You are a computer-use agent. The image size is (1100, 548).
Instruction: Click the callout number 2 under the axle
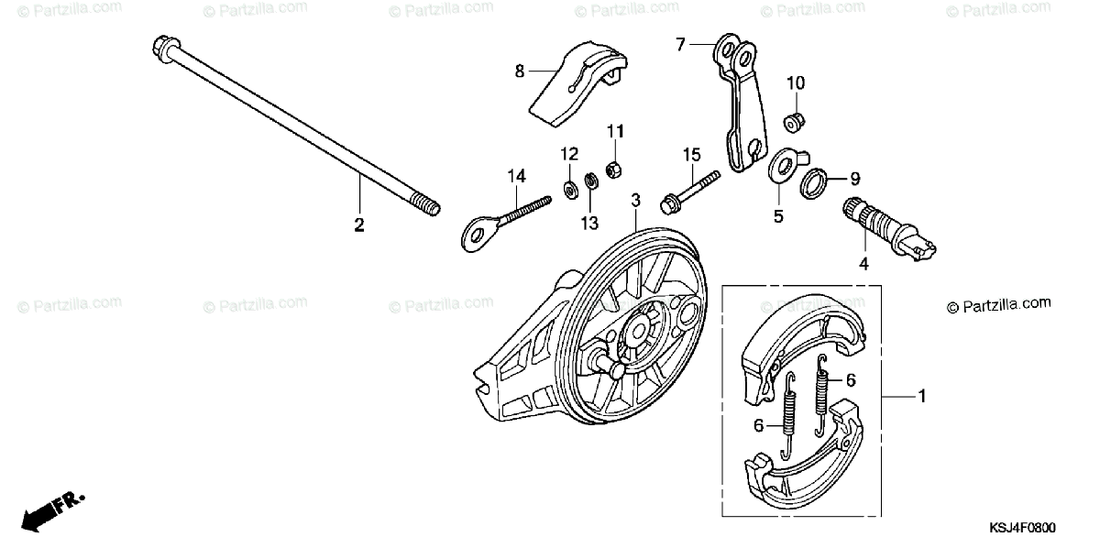pyautogui.click(x=359, y=225)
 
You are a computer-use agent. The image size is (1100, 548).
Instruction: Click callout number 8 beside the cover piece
pyautogui.click(x=520, y=70)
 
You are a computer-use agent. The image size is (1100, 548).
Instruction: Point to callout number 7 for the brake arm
pyautogui.click(x=681, y=44)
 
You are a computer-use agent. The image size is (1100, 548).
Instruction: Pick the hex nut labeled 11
pyautogui.click(x=614, y=170)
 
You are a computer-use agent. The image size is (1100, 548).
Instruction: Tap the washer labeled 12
pyautogui.click(x=570, y=189)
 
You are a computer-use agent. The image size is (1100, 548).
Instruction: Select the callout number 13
pyautogui.click(x=588, y=222)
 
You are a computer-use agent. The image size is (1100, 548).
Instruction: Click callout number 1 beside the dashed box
pyautogui.click(x=922, y=396)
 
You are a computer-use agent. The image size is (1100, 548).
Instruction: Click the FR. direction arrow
pyautogui.click(x=50, y=510)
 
